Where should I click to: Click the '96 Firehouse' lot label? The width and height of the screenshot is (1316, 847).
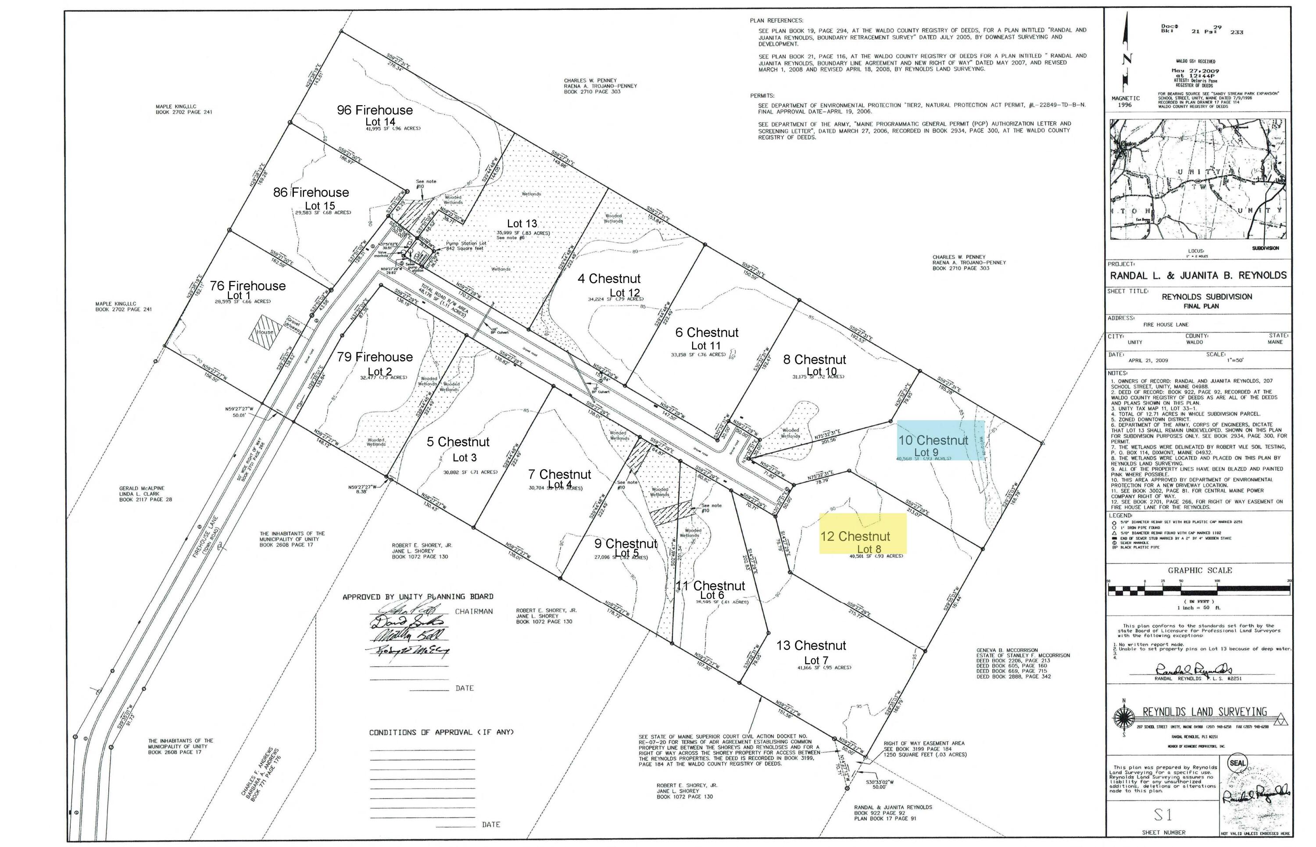tap(375, 110)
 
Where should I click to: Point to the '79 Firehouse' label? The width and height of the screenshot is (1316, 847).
tap(375, 357)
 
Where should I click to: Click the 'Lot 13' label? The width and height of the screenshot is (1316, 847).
tap(521, 223)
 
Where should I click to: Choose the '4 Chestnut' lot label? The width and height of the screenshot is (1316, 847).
tap(609, 279)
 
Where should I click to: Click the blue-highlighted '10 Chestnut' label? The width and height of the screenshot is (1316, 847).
tap(933, 440)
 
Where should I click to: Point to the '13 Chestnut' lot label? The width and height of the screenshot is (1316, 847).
tap(811, 645)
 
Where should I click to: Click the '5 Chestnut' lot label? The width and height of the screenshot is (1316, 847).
tap(458, 442)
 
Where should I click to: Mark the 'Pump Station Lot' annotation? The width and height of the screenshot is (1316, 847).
tap(466, 243)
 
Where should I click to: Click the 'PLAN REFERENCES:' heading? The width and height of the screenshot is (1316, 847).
tap(776, 20)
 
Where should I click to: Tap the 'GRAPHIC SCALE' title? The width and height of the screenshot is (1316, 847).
tap(1199, 570)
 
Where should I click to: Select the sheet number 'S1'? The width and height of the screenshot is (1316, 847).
tap(1162, 815)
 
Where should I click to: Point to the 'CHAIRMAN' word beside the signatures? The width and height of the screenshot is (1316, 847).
tap(473, 611)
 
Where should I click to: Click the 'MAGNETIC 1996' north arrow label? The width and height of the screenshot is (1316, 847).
tap(1125, 101)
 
